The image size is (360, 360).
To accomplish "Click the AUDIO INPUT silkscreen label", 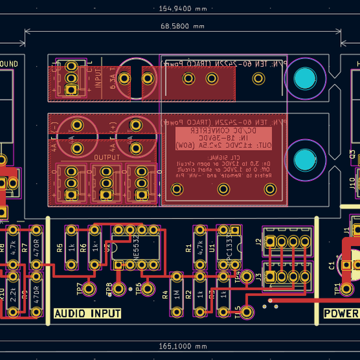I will pyautogui.click(x=88, y=314).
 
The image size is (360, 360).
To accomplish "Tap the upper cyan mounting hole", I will pyautogui.click(x=305, y=79).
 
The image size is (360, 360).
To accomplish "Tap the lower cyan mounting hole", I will pyautogui.click(x=305, y=160).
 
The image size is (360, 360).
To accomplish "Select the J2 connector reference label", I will pyautogui.click(x=259, y=242).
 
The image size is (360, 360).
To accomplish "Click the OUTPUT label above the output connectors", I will pyautogui.click(x=107, y=157).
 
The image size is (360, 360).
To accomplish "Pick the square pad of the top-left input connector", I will pyautogui.click(x=71, y=90).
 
